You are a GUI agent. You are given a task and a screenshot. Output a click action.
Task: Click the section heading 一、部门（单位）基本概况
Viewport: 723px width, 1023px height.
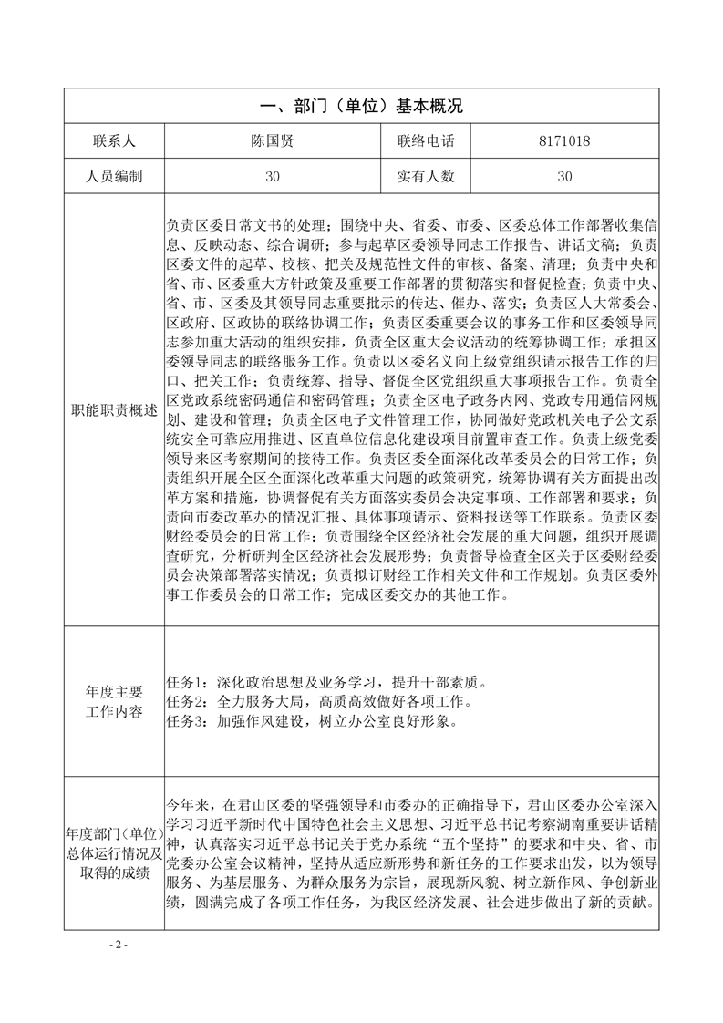(361, 107)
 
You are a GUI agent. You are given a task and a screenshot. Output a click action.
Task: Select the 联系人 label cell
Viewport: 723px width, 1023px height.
(114, 141)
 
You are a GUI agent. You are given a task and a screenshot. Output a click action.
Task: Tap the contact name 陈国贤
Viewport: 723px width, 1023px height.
(273, 141)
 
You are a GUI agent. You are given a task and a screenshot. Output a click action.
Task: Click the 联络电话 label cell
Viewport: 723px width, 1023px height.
(426, 141)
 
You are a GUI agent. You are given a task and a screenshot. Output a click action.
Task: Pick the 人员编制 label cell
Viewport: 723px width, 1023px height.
(114, 176)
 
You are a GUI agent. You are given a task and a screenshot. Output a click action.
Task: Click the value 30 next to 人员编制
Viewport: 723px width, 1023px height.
(273, 176)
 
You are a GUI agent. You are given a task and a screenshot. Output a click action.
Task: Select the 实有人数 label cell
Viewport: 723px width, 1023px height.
(426, 176)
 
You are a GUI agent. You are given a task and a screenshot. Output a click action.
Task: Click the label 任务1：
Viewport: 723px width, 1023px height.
(191, 682)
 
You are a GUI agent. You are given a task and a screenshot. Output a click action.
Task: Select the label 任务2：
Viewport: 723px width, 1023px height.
(191, 702)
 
